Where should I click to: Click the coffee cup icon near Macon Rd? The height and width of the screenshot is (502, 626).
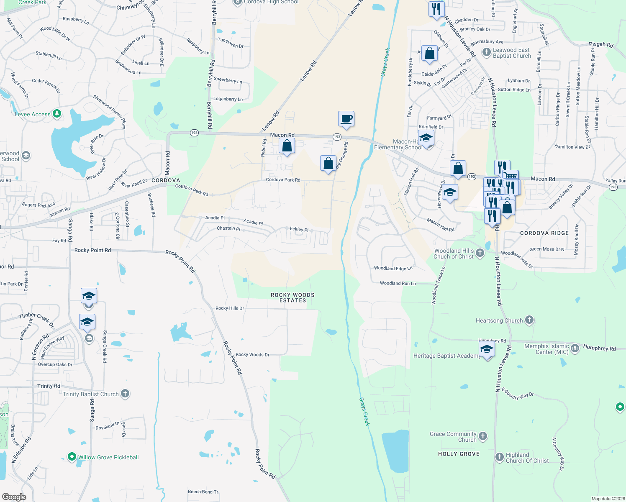click(x=346, y=119)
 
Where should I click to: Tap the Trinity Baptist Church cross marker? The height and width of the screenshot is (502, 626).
click(x=125, y=394)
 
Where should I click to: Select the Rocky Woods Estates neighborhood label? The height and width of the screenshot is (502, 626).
click(x=292, y=297)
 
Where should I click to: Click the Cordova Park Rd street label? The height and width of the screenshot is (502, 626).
click(x=283, y=180)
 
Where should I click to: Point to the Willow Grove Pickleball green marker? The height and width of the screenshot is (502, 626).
click(x=72, y=457)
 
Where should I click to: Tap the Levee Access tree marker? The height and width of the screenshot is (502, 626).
click(x=57, y=113)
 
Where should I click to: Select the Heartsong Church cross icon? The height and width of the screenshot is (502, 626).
click(x=529, y=320)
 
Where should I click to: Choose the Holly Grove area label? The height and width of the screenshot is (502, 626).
click(x=459, y=454)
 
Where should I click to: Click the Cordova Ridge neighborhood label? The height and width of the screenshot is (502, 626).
click(x=544, y=233)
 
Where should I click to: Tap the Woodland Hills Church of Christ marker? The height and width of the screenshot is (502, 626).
click(x=480, y=253)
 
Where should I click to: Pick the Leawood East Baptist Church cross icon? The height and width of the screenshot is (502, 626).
click(x=486, y=52)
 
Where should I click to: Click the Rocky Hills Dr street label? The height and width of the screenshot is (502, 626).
click(x=230, y=308)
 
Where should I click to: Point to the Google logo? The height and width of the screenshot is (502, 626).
click(x=14, y=497)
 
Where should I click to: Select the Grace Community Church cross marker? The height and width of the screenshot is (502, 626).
click(x=483, y=436)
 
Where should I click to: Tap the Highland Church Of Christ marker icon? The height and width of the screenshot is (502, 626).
click(x=499, y=457)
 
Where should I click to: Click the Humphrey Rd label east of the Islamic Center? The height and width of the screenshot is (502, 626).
click(x=599, y=348)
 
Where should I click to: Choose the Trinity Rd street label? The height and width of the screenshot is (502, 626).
click(x=49, y=386)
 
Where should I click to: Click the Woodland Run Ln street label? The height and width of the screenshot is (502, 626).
click(x=398, y=283)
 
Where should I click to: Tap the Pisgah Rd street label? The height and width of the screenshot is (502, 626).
click(x=601, y=44)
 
